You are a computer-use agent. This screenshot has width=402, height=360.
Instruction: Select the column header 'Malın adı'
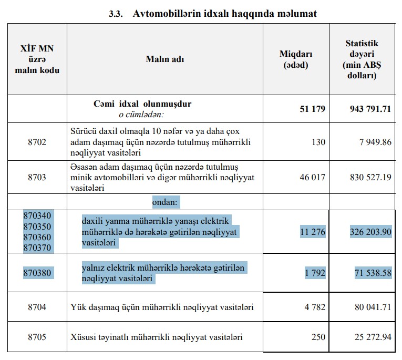click(164, 59)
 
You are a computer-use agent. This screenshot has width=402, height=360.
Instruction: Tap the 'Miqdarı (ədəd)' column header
click(296, 59)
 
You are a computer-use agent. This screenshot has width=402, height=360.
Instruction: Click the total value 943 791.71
click(370, 109)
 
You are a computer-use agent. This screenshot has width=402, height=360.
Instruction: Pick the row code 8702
click(37, 142)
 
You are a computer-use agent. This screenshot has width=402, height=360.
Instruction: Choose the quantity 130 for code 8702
click(318, 142)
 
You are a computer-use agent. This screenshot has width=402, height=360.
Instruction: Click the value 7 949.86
click(374, 142)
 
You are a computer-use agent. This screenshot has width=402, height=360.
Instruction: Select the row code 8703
click(37, 177)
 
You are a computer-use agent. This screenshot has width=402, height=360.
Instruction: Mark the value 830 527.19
click(370, 177)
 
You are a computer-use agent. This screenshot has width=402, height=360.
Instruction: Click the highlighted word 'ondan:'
click(166, 202)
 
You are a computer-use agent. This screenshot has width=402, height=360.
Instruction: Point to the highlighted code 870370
click(38, 247)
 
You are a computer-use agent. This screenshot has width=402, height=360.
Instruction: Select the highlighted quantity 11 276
click(313, 231)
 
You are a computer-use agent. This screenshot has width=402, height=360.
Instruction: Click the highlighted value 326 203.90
click(370, 231)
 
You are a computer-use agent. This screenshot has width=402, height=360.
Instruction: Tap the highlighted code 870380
click(38, 273)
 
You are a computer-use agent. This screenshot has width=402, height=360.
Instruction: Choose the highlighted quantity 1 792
click(315, 273)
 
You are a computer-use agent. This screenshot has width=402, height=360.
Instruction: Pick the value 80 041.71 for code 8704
click(373, 306)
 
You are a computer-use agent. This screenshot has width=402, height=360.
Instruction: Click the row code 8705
click(37, 337)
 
